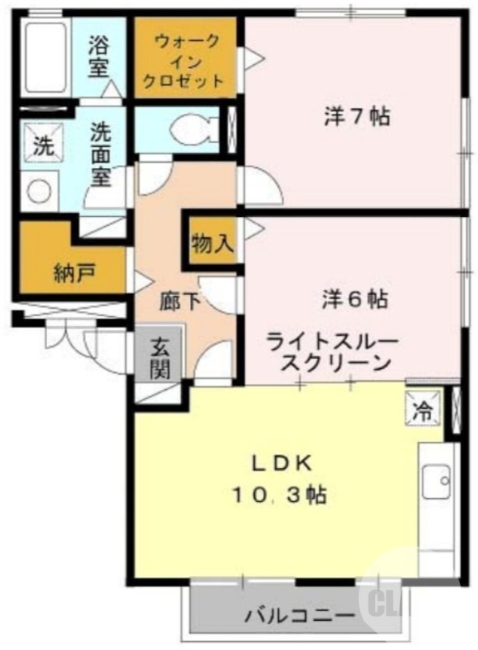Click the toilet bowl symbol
tap(194, 128)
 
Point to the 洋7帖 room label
tap(355, 117)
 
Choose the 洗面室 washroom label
tap(101, 154)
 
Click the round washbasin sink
tap(39, 192)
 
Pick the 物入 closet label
tap(213, 242)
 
